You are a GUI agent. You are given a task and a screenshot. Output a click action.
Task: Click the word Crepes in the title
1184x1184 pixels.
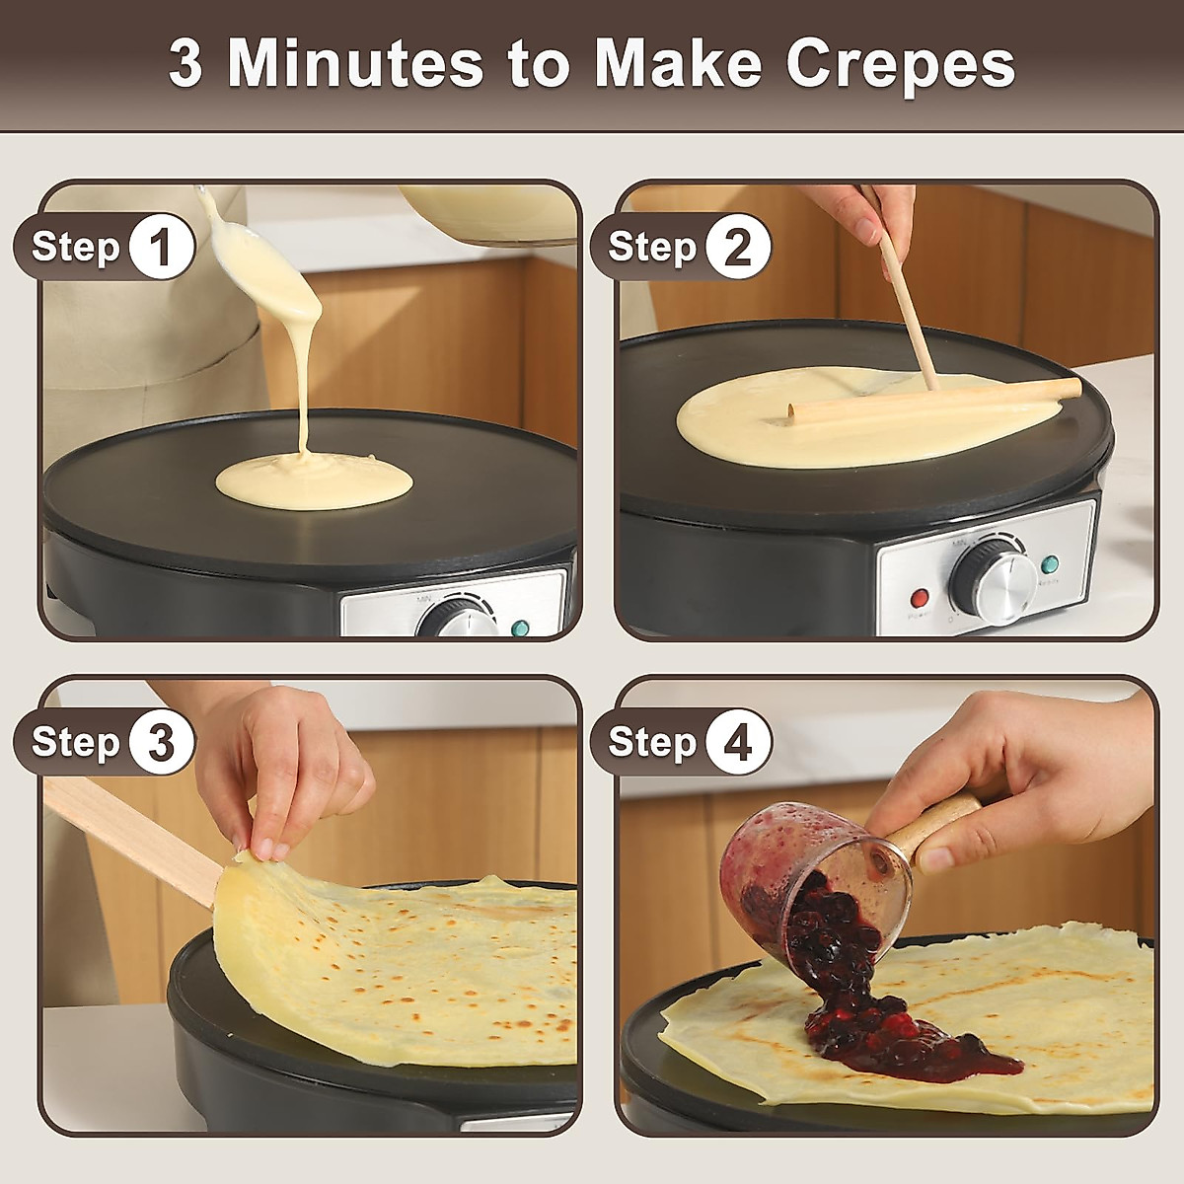pyautogui.click(x=900, y=64)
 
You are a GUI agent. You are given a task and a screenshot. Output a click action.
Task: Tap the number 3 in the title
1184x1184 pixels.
pyautogui.click(x=185, y=64)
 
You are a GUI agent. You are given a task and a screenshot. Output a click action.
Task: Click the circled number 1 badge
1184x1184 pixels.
pyautogui.click(x=162, y=246)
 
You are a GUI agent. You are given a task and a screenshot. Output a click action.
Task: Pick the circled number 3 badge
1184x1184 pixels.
pyautogui.click(x=162, y=741)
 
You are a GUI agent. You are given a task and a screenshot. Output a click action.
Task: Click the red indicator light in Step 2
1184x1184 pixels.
pyautogui.click(x=920, y=598)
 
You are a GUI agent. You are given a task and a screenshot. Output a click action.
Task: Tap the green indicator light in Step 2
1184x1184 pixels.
pyautogui.click(x=1050, y=565)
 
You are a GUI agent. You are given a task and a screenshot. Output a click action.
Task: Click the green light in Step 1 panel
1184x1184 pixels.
pyautogui.click(x=520, y=628)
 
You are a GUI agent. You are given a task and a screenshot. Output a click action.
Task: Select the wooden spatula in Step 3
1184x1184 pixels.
pyautogui.click(x=128, y=834)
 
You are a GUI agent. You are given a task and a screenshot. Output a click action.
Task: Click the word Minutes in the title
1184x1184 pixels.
pyautogui.click(x=355, y=64)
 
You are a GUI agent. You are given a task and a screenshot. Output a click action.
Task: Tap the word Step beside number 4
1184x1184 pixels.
pyautogui.click(x=651, y=741)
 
